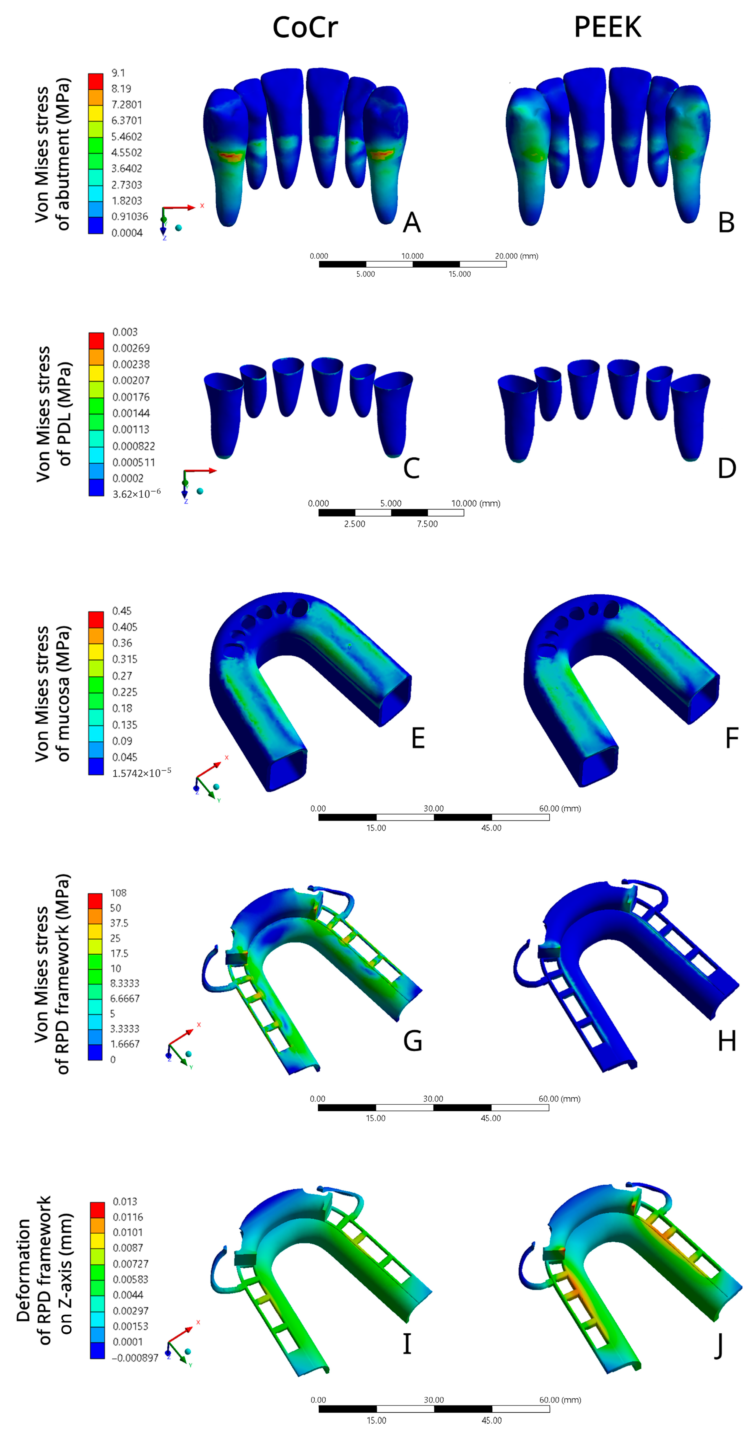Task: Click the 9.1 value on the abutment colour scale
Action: click(x=118, y=73)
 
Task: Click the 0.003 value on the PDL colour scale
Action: click(x=125, y=332)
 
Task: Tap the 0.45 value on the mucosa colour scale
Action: click(x=121, y=611)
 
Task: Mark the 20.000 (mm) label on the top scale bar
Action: click(x=516, y=256)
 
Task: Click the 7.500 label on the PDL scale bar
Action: click(x=427, y=524)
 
